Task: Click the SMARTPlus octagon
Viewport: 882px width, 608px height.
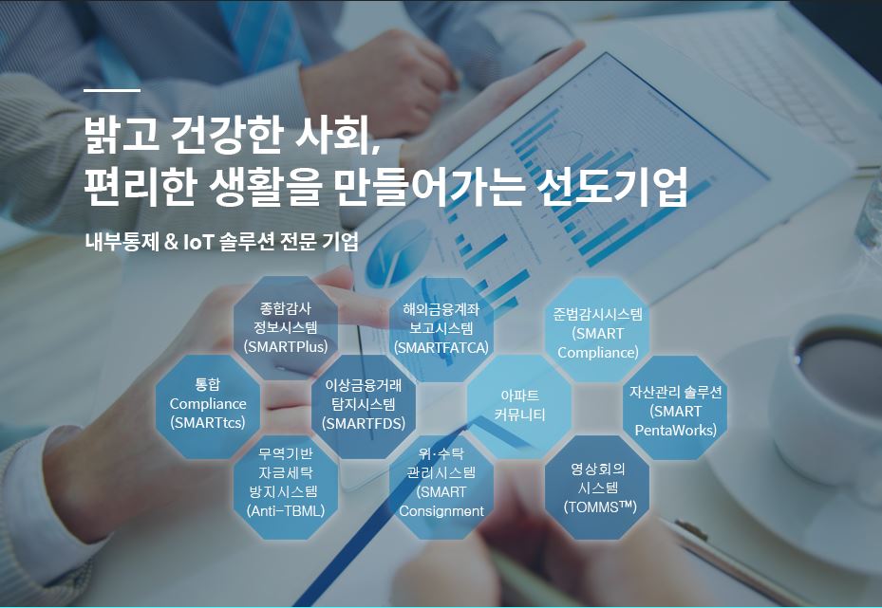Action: [x=286, y=327]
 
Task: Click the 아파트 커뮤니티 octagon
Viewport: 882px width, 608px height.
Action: [x=519, y=406]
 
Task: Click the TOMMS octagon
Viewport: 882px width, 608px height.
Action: [x=597, y=488]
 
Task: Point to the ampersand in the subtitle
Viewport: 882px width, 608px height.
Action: [x=171, y=242]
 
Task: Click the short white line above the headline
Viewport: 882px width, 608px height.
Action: [x=112, y=90]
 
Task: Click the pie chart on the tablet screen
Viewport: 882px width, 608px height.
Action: [x=398, y=252]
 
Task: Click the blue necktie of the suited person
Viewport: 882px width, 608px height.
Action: [x=264, y=35]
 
